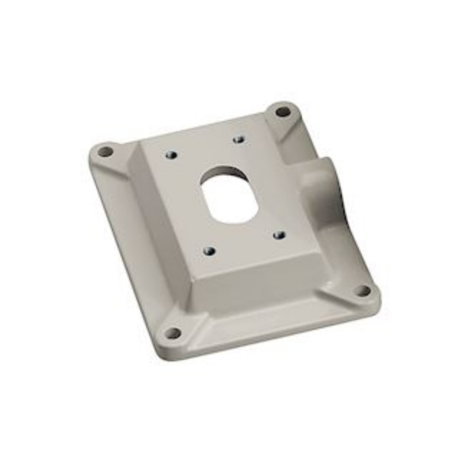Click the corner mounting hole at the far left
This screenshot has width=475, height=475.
click(105, 151)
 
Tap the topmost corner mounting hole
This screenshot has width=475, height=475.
click(283, 111)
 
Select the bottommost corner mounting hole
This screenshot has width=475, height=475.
click(172, 333)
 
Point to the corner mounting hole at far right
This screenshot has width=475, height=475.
click(362, 290)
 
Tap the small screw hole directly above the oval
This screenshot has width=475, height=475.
click(239, 140)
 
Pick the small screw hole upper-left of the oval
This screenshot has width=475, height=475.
click(171, 156)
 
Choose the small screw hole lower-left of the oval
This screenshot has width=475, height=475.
click(208, 251)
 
